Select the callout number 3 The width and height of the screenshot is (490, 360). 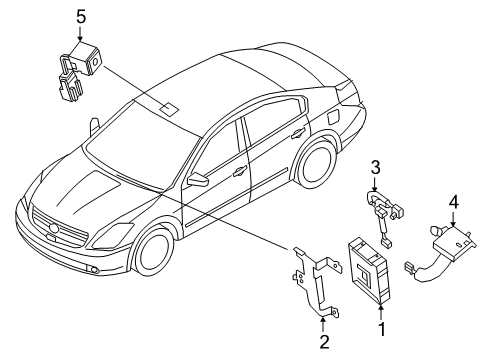[x=375, y=166]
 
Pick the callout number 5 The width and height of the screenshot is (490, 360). [x=82, y=15]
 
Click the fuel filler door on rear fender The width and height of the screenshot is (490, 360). [x=328, y=114]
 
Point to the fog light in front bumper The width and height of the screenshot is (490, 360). [x=91, y=271]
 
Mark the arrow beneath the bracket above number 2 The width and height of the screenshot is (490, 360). [x=322, y=320]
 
